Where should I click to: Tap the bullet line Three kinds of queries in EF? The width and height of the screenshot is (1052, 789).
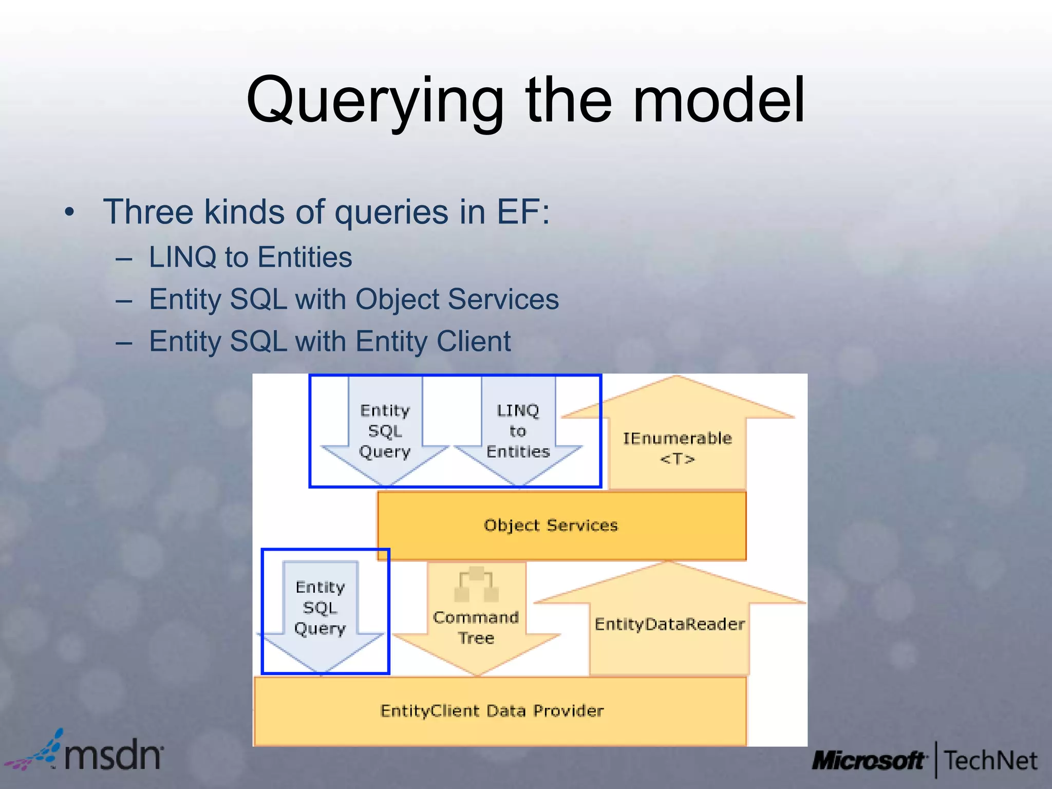(326, 212)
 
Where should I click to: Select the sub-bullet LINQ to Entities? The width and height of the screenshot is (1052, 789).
(250, 257)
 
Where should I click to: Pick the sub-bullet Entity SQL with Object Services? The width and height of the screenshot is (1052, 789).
(353, 299)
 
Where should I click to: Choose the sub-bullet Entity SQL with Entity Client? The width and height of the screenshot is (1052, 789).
(330, 341)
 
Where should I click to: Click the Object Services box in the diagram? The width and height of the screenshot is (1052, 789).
(551, 525)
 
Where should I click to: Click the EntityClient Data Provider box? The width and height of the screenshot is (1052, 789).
(492, 711)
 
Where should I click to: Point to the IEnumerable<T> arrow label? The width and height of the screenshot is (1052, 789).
(677, 448)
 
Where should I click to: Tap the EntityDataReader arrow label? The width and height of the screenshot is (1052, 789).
(669, 624)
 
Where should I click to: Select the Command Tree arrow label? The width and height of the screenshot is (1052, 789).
(476, 627)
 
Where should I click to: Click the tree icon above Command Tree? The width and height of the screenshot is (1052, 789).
(476, 585)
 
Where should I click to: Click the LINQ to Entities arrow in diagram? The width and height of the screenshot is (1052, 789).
(518, 431)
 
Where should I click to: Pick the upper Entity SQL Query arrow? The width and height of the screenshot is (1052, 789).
(385, 431)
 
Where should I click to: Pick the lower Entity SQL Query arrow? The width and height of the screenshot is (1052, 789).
(320, 608)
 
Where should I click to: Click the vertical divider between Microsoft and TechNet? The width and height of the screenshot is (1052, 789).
(936, 760)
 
